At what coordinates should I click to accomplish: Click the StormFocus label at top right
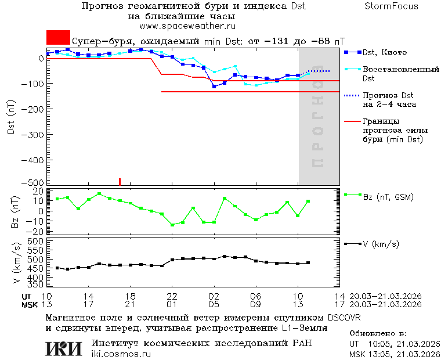(391, 6)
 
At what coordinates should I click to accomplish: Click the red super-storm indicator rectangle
(58, 38)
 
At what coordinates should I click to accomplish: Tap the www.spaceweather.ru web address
(187, 26)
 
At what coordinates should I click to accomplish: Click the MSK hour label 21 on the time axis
(131, 304)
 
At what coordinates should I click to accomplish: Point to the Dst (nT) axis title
(11, 119)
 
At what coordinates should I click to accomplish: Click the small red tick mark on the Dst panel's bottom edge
(120, 182)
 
